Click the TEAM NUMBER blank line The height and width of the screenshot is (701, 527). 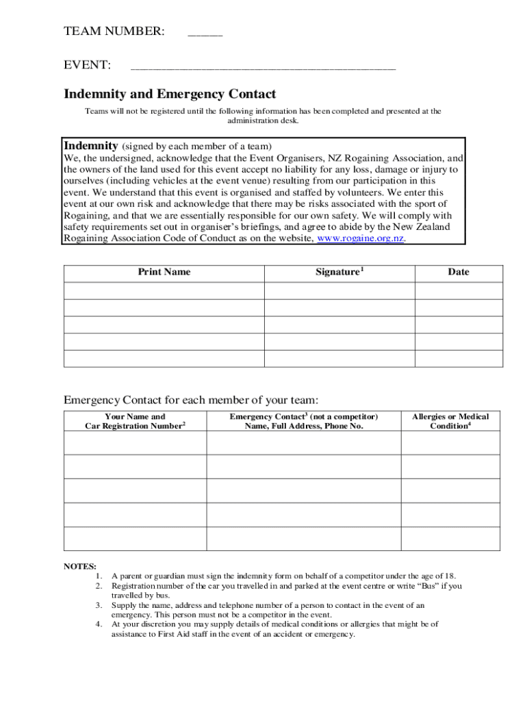click(205, 34)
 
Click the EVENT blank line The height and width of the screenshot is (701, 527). click(263, 67)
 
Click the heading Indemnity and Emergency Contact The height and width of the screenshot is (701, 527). click(170, 94)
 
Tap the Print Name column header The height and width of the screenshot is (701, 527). click(164, 272)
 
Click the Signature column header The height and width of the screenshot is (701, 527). click(339, 272)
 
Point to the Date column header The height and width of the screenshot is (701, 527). click(459, 272)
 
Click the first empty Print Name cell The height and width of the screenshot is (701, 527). click(164, 290)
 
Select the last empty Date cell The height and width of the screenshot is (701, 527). click(459, 359)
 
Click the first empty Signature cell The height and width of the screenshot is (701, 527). click(339, 290)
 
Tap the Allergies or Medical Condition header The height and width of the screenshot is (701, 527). click(450, 421)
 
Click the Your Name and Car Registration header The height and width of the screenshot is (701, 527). click(135, 421)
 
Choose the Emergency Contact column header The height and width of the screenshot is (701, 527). click(304, 421)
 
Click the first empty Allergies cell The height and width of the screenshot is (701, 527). click(450, 443)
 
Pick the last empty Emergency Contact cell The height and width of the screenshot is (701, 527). click(304, 539)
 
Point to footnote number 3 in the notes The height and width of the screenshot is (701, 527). click(99, 605)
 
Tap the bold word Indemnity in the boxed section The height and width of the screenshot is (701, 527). click(91, 146)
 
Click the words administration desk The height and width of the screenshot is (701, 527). click(263, 120)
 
